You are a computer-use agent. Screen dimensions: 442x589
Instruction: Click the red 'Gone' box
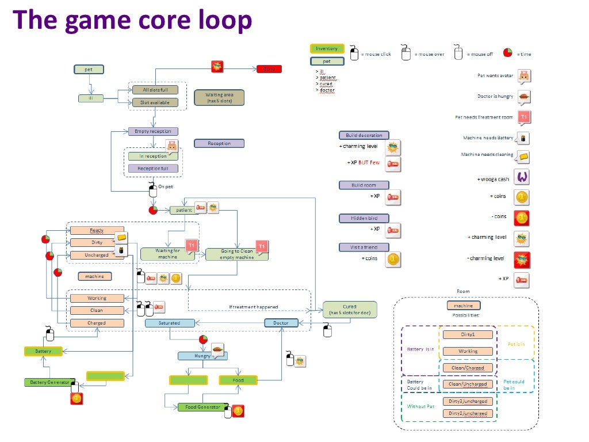269,69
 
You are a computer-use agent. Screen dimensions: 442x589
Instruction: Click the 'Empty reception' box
153,131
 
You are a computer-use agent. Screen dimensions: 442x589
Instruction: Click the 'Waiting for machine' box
167,253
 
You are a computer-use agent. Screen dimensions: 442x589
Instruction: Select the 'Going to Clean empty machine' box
236,254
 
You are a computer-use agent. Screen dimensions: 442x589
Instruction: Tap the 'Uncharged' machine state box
97,255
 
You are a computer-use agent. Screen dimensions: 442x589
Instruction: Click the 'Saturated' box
169,323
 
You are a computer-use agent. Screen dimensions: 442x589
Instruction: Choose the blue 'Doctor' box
281,323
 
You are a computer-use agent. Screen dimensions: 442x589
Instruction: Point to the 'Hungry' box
202,356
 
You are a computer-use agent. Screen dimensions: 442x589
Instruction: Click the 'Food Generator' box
203,407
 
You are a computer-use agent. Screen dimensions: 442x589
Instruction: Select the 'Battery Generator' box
49,382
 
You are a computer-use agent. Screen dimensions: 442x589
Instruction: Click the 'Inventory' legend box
327,49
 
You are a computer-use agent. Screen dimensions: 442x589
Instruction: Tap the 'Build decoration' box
364,135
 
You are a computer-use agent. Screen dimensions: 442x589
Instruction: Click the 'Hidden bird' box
364,218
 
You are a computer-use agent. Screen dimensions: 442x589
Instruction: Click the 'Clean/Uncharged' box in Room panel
468,384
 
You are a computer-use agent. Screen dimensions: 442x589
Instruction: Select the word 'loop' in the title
220,20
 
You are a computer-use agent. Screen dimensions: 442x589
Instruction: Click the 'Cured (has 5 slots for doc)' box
350,310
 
